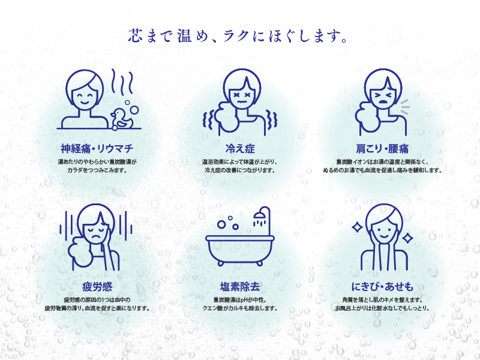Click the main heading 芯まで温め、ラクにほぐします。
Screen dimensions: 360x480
pos(239,35)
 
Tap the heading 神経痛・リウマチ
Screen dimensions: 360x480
pos(97,148)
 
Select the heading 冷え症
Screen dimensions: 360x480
pos(239,148)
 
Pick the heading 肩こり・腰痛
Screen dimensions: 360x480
pos(382,148)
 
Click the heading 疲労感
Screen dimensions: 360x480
pos(97,286)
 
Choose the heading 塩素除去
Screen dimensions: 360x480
pos(239,286)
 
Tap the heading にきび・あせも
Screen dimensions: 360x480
pos(382,286)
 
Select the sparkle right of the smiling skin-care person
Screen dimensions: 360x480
pos(407,238)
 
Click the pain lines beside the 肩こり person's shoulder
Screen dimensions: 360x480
pos(404,107)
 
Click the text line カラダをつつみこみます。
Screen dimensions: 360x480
pos(97,170)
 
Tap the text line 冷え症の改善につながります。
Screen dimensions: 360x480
pos(239,170)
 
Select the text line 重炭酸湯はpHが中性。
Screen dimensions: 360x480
pos(239,299)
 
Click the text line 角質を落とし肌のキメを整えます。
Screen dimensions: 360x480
pos(382,299)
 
